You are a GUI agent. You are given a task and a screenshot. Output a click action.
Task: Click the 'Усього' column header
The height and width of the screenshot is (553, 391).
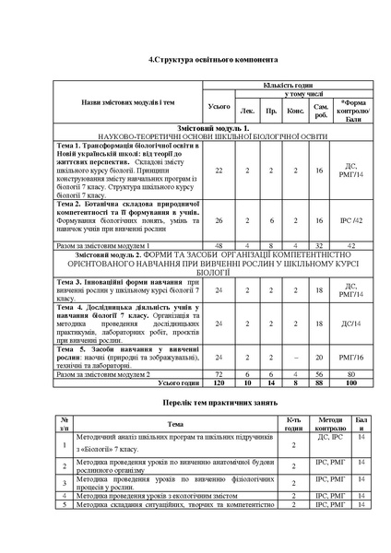[x=219, y=106]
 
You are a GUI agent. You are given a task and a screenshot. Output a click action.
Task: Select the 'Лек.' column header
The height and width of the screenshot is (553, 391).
[x=247, y=111]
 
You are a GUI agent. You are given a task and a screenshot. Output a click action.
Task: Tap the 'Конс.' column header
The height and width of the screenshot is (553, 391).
[x=296, y=111]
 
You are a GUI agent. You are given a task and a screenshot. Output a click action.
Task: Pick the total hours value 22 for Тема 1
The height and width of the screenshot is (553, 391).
[x=219, y=171]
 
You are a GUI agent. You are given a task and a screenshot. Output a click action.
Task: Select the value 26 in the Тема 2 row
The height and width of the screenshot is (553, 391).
[x=219, y=221]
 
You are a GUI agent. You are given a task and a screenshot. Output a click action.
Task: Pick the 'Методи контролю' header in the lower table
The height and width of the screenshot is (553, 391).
[x=330, y=425]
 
